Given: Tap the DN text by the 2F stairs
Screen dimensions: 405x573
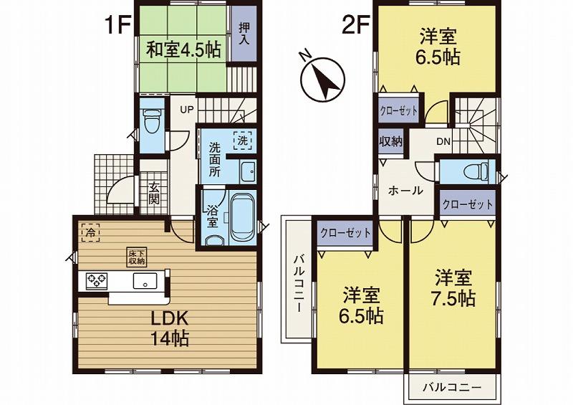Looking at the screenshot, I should tap(443, 141).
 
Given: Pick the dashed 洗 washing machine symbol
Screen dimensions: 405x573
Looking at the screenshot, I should tap(243, 142).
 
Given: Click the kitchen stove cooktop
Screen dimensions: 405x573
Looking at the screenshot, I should tap(96, 281).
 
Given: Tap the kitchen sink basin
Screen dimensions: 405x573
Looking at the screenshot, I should tap(145, 281).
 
